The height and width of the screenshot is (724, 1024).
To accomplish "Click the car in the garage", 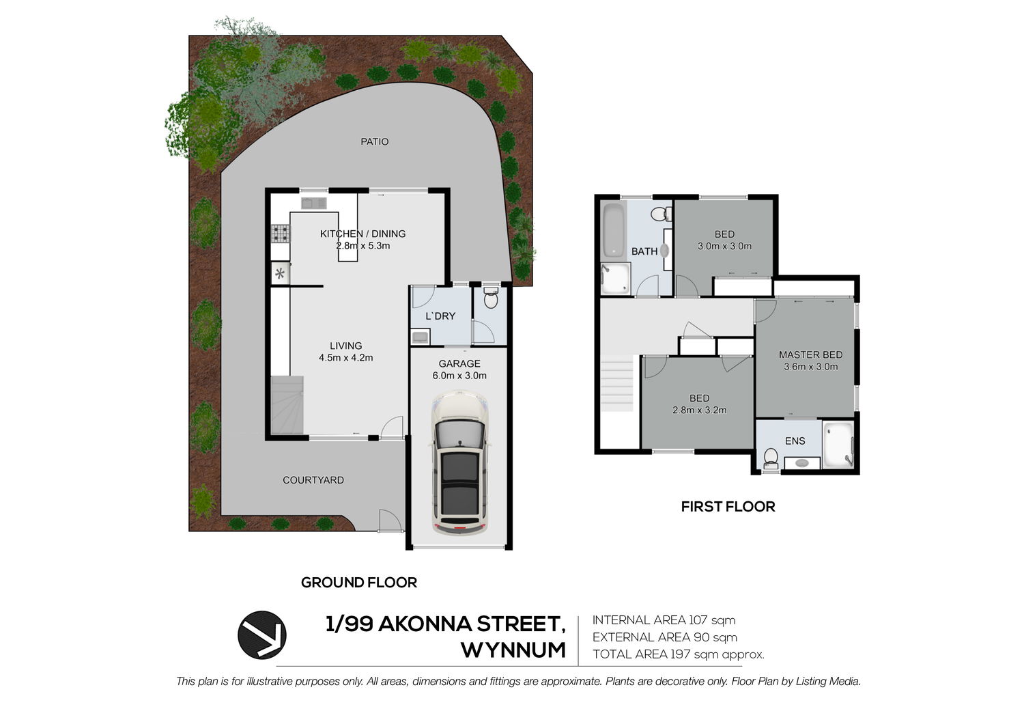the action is point(460,462).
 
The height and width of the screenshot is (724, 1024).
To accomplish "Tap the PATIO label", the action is point(374,142).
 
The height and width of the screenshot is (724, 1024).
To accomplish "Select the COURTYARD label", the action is point(313,479).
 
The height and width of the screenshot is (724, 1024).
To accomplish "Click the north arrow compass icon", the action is point(262,635).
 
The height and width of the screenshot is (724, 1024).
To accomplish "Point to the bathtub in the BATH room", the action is point(614,230).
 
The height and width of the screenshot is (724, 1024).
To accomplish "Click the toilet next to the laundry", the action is point(491,297).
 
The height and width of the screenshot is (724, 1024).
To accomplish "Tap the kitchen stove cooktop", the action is point(280,234).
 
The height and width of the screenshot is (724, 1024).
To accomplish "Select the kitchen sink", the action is point(313,203).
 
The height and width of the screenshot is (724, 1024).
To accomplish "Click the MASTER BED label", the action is point(810,354).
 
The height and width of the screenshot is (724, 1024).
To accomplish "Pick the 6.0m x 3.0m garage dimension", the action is point(459,376).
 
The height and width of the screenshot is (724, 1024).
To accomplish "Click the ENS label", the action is point(795,441).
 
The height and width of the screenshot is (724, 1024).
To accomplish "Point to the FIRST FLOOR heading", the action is point(728,507).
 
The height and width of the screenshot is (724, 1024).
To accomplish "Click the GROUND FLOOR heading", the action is point(359,583).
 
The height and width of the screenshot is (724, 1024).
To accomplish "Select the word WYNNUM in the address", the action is point(513,650).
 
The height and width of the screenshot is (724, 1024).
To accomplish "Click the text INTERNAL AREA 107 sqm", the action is point(664,620).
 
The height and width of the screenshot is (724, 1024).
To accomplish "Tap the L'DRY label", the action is point(440,316).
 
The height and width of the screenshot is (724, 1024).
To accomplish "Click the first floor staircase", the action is point(616,384).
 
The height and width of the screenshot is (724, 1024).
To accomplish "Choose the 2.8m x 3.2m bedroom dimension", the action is point(700,410).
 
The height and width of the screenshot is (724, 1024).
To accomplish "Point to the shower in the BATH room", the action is point(615,278).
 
